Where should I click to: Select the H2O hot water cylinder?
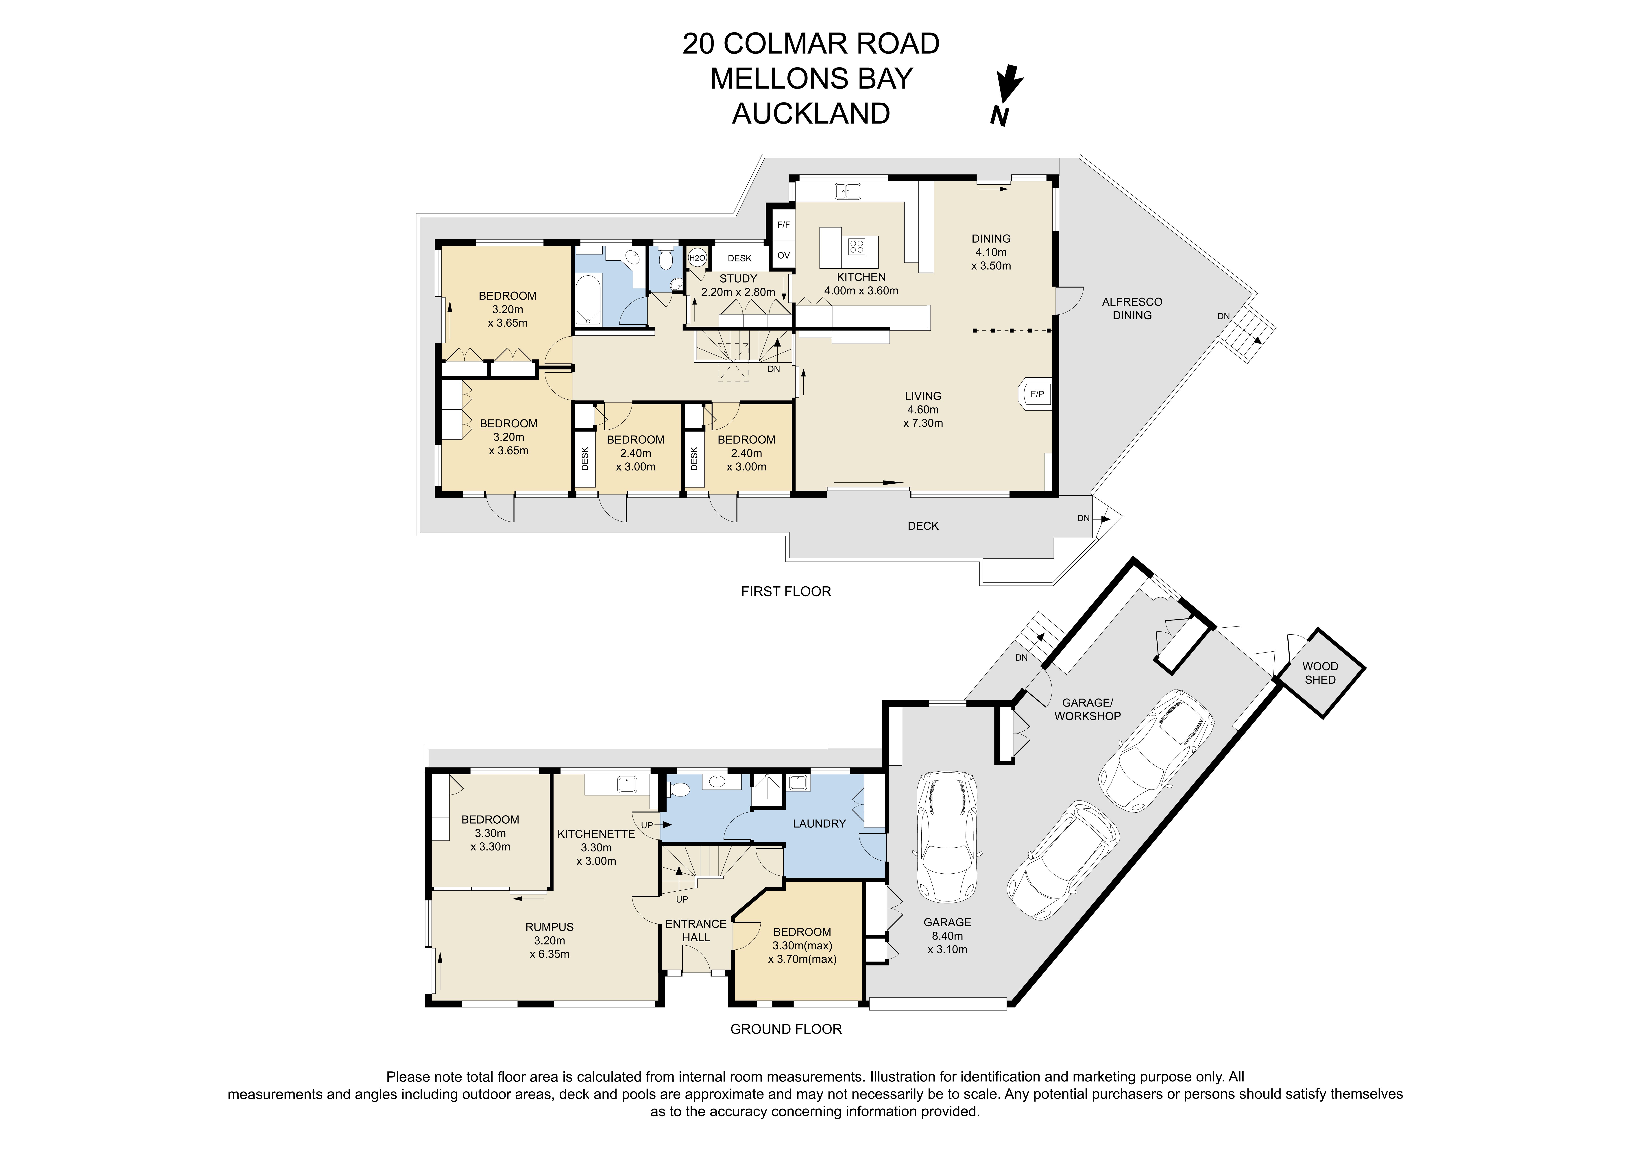tap(697, 258)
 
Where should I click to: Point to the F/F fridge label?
tap(783, 225)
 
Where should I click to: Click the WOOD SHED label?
tap(1320, 673)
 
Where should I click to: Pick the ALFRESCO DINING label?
tap(1132, 308)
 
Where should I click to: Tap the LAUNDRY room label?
tap(819, 823)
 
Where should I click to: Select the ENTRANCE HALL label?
tap(696, 931)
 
